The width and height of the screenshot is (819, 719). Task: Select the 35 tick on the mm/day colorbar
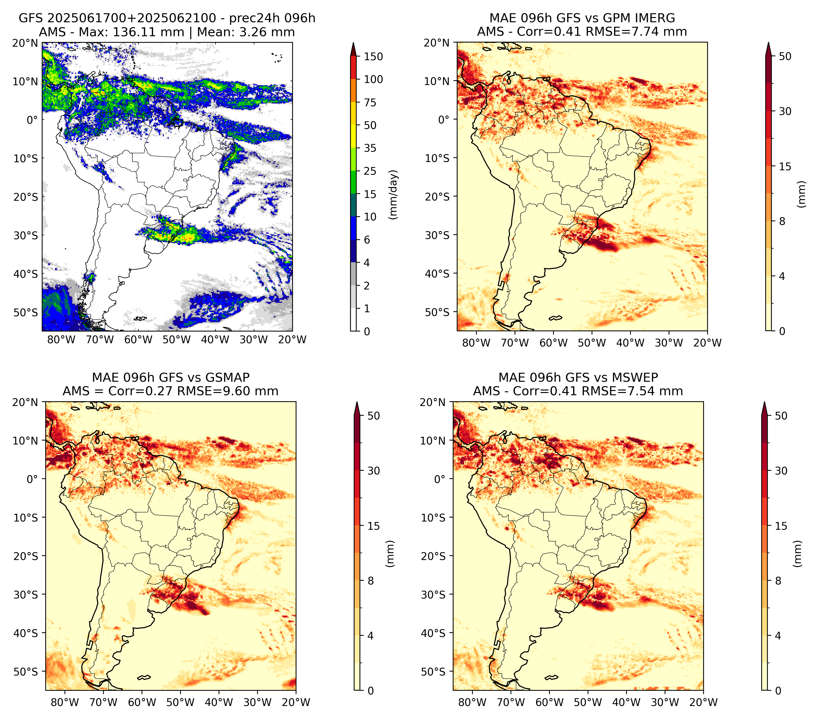(370, 148)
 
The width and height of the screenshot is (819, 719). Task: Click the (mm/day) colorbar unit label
(394, 194)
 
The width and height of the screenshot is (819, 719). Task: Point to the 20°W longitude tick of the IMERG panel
(707, 343)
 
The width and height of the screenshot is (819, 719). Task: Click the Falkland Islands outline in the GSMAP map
(144, 677)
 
